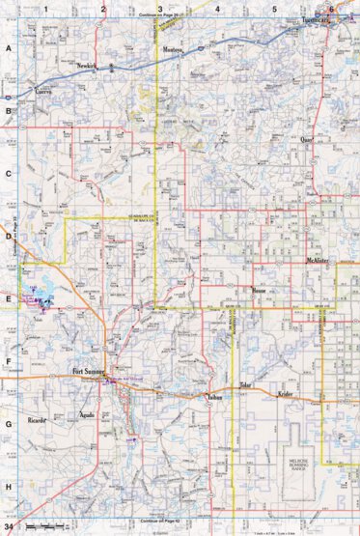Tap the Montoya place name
173,47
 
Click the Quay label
307,138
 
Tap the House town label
258,290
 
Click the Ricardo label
39,422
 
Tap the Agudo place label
85,416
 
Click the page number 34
9,527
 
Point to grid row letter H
8,486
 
